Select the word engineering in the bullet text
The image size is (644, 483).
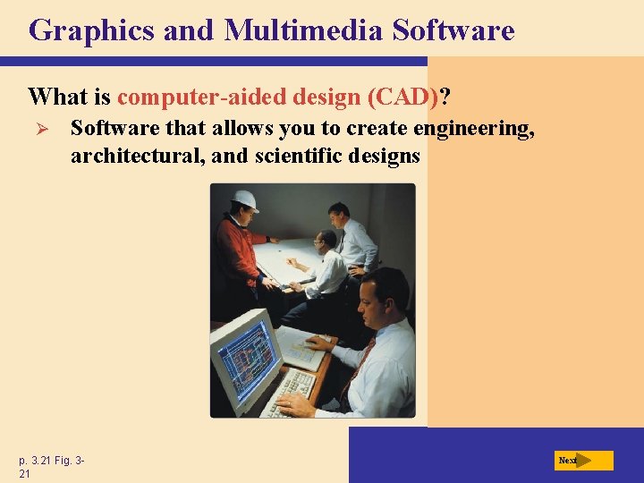click(x=474, y=129)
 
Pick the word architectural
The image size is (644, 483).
click(x=129, y=156)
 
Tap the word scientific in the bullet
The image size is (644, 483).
click(x=293, y=156)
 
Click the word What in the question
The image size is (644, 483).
click(x=56, y=95)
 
